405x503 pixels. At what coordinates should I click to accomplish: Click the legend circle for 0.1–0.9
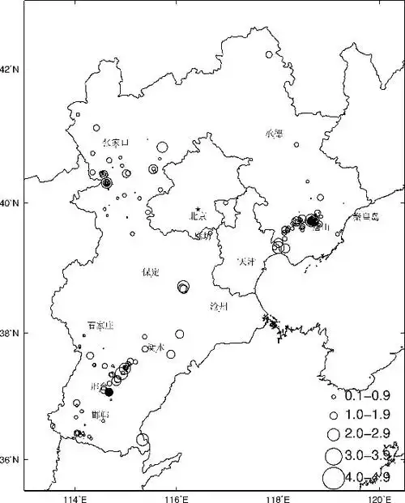pyautogui.click(x=333, y=399)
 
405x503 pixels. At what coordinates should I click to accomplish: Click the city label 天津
pyautogui.click(x=245, y=262)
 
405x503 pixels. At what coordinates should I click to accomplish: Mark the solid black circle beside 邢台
pyautogui.click(x=109, y=392)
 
